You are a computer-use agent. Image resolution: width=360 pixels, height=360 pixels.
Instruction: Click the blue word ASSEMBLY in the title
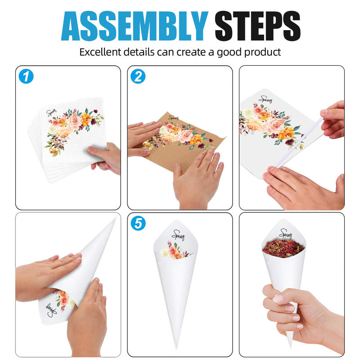coord(135,26)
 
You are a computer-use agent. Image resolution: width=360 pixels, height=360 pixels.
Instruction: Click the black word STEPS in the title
coord(257,26)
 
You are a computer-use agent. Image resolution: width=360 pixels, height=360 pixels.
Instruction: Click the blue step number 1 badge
coord(26,76)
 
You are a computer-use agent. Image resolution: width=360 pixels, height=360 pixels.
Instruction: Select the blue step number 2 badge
coord(138,76)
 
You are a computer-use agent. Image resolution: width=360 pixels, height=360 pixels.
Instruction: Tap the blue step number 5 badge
coord(138,223)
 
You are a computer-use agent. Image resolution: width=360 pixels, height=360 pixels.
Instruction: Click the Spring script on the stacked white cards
coord(51,112)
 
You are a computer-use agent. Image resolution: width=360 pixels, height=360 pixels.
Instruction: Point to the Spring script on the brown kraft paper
coord(173,118)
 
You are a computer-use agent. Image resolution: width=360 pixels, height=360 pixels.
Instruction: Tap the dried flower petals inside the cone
coord(283,248)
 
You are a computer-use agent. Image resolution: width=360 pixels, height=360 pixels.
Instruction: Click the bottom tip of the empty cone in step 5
coord(176,348)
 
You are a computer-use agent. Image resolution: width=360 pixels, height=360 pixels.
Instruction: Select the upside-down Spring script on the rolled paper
coord(51,310)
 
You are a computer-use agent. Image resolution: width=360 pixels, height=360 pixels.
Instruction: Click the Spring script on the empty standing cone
coord(178,235)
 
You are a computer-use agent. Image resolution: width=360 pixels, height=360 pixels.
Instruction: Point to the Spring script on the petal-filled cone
coord(285,234)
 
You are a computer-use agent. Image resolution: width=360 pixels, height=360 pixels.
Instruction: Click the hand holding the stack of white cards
coord(104,158)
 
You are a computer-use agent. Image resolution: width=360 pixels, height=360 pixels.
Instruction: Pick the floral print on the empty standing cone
coord(176,251)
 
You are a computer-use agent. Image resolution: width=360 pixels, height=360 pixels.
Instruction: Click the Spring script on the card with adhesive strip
coord(266,99)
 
